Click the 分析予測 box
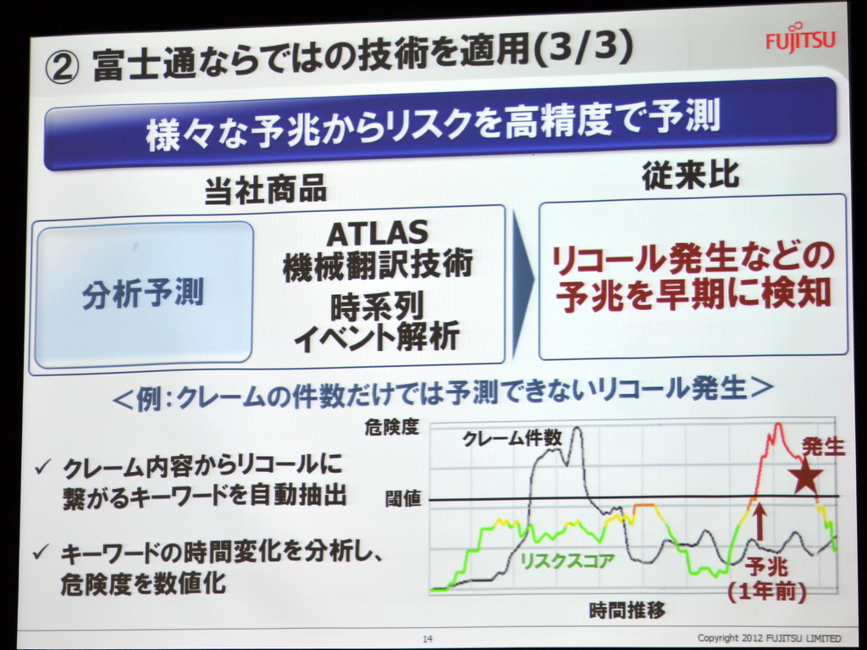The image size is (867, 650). point(143,292)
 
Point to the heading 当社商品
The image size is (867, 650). point(265,189)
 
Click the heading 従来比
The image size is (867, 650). point(690,175)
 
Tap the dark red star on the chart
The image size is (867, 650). point(805,477)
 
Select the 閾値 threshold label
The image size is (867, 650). point(403,499)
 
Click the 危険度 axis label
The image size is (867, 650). point(391,427)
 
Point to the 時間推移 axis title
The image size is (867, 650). point(627,610)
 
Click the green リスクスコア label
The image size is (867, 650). point(567,560)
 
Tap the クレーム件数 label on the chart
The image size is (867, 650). point(512,438)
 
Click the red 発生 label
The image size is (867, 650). point(824,447)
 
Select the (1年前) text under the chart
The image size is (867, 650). point(766,592)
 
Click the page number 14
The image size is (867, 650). point(428,638)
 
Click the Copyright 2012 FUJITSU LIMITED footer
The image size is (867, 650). point(769,638)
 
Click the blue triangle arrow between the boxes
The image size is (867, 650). point(522,283)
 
